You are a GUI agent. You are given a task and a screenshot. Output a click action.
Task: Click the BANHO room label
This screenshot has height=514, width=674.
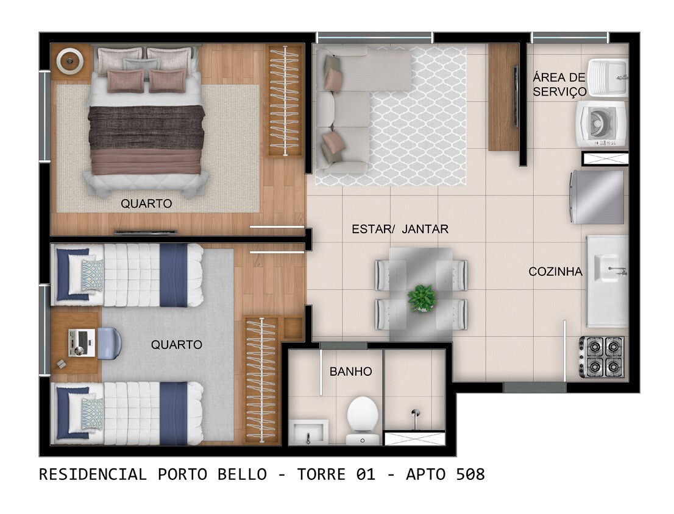(x=350, y=371)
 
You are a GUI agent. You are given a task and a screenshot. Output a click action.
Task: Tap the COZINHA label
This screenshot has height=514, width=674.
(x=555, y=272)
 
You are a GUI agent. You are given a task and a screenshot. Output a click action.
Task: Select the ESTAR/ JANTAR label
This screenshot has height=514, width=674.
(x=400, y=230)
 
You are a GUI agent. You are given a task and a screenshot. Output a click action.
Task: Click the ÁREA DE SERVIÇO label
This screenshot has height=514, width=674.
(x=559, y=85)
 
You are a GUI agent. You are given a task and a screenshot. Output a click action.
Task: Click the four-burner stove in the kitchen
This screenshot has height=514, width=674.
(x=601, y=357)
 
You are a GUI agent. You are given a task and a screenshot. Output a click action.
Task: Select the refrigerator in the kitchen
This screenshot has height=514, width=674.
(x=598, y=197)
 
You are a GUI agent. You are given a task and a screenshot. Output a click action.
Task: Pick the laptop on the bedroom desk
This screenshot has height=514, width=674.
(x=80, y=343)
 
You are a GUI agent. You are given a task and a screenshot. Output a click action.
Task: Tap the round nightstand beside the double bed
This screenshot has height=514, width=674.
(x=71, y=61)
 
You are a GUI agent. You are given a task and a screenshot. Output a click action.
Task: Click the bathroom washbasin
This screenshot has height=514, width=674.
(x=309, y=432)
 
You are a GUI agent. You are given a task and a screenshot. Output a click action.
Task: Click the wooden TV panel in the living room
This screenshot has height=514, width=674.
(x=503, y=97)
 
